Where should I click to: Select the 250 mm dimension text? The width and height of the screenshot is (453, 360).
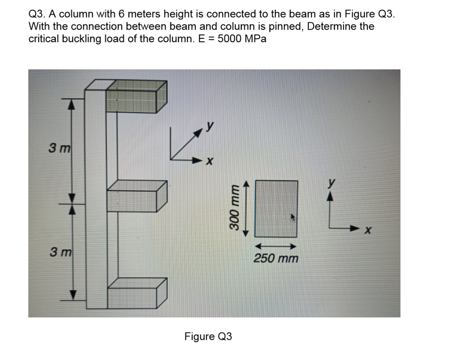pyautogui.click(x=275, y=259)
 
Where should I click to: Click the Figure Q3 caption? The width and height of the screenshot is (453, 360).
pyautogui.click(x=208, y=336)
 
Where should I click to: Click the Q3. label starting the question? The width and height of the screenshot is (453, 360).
pyautogui.click(x=37, y=14)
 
